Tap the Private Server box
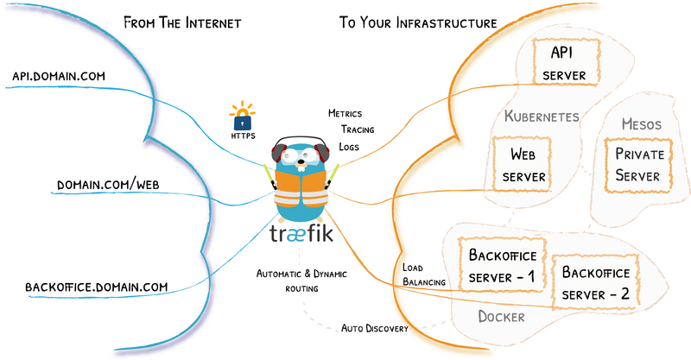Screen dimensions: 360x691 (637, 165)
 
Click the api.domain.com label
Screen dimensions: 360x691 (59, 77)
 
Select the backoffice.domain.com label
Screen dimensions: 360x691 (96, 286)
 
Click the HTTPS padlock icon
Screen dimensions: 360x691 (242, 117)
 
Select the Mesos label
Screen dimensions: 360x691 (641, 124)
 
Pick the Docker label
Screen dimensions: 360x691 (501, 317)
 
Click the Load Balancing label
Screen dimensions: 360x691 (423, 274)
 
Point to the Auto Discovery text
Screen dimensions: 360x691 (374, 329)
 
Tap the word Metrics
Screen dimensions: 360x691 (345, 113)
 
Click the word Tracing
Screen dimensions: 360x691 (356, 129)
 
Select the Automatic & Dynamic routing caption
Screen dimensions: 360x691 (300, 281)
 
